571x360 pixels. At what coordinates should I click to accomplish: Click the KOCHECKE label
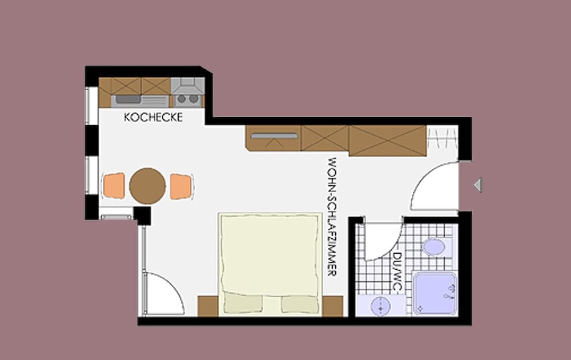click(x=153, y=117)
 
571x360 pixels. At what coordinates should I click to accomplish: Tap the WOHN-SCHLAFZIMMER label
click(x=332, y=217)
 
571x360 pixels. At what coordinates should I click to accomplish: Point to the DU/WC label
click(x=397, y=272)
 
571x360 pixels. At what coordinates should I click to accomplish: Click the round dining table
click(x=147, y=186)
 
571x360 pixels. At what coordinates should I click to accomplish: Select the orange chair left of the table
click(x=114, y=186)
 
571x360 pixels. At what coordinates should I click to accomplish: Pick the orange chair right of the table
click(x=181, y=186)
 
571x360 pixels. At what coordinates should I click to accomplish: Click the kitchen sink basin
click(x=127, y=99)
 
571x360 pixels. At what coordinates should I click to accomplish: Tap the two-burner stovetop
click(x=187, y=99)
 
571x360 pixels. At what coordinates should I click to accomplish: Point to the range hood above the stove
click(x=187, y=86)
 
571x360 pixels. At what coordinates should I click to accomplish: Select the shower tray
click(x=435, y=293)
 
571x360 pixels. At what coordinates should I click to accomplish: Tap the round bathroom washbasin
click(x=380, y=306)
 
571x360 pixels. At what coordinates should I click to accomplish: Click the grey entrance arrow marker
click(x=478, y=185)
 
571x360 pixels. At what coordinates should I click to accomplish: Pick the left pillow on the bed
click(x=243, y=303)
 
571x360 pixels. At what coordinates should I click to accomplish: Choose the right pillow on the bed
click(x=300, y=303)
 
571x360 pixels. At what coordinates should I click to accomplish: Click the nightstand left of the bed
click(x=208, y=306)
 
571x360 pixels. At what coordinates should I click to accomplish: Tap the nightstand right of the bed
click(x=332, y=306)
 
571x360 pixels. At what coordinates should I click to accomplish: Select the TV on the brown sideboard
click(x=274, y=136)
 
